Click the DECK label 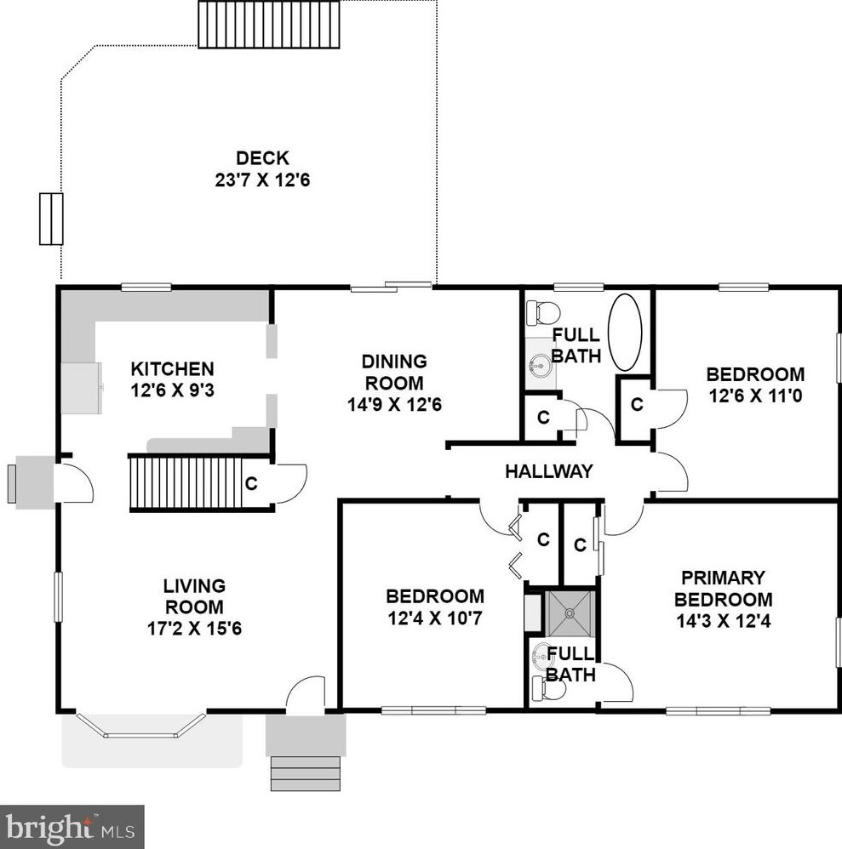262,158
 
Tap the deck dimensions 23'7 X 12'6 262,179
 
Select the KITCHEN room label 172,369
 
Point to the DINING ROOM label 394,372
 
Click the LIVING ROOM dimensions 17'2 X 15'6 194,629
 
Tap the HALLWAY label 548,471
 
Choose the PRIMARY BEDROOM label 723,589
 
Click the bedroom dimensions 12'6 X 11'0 755,396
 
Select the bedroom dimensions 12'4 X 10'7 434,618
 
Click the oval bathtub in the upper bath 625,332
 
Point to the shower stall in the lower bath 570,614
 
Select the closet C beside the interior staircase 251,483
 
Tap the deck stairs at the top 269,25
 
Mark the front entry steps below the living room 306,774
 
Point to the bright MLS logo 72,828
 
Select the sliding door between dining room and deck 391,287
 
